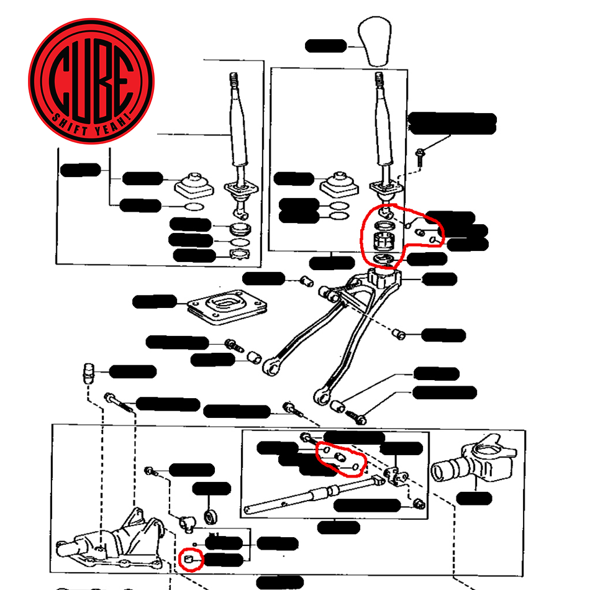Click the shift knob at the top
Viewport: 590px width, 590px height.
[x=374, y=42]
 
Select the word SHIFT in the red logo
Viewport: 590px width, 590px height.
[x=69, y=124]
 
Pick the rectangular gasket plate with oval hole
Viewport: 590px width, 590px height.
[x=227, y=307]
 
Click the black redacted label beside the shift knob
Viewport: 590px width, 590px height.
[x=325, y=46]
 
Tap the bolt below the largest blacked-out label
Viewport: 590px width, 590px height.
[x=420, y=157]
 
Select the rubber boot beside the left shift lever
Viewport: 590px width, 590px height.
[x=194, y=185]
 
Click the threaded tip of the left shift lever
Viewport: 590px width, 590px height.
[x=234, y=79]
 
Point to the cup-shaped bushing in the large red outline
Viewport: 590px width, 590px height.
[x=384, y=241]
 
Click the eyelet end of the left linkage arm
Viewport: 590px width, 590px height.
[x=271, y=366]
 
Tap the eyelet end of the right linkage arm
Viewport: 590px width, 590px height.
[x=322, y=396]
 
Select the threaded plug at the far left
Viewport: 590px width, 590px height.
[x=88, y=373]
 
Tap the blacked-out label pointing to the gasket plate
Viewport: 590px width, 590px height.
[x=155, y=301]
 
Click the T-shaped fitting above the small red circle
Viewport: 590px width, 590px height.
[x=187, y=524]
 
